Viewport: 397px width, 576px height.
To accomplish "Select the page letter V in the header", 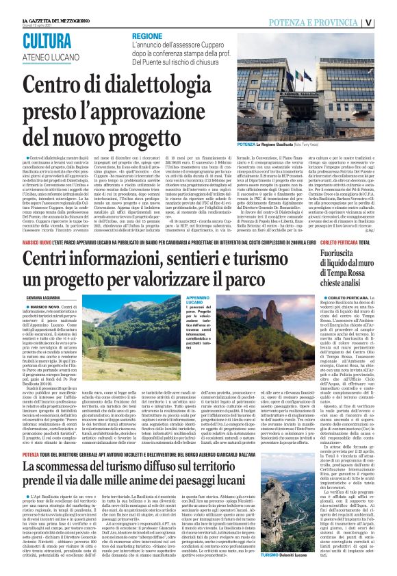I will [x=387, y=22].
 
